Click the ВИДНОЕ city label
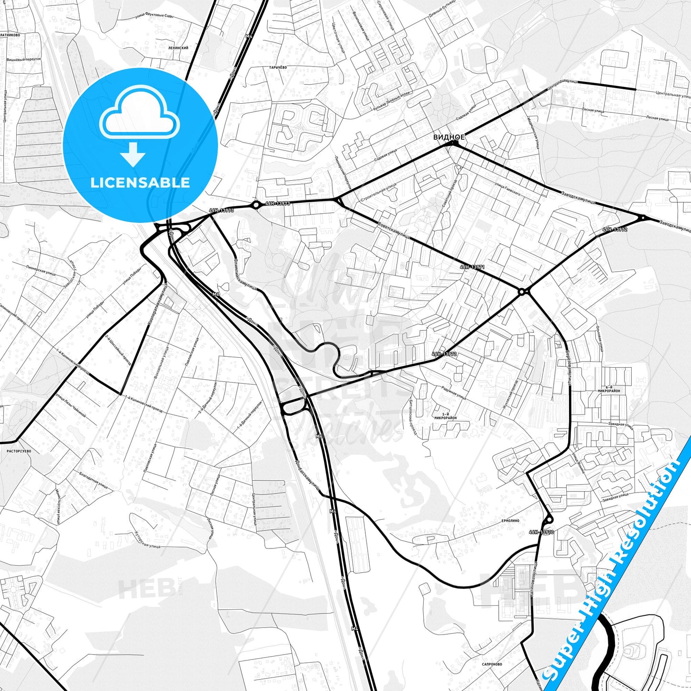[449, 137]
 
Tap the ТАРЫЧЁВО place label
[277, 67]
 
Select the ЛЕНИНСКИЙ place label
[178, 48]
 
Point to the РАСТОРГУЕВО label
[19, 451]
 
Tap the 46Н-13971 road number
[472, 267]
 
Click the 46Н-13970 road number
[541, 532]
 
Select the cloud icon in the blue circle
[140, 116]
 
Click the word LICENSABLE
[140, 183]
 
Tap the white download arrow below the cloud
[133, 154]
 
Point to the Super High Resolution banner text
[613, 564]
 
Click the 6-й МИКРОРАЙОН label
[608, 389]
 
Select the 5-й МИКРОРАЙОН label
[445, 416]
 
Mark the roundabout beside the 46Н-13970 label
[548, 519]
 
